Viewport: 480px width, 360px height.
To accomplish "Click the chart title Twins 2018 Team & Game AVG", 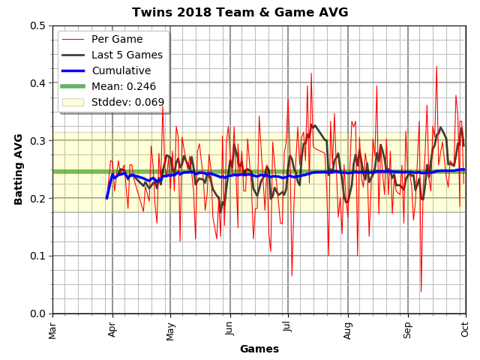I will (240, 12).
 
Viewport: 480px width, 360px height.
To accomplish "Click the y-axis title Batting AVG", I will (19, 169).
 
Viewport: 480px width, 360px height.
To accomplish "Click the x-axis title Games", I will (259, 349).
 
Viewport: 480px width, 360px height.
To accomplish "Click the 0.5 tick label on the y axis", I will (37, 25).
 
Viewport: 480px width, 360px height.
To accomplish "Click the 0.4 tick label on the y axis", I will (37, 83).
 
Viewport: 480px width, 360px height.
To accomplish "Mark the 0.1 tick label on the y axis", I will (37, 256).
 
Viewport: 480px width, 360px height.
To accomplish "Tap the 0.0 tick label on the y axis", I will (37, 313).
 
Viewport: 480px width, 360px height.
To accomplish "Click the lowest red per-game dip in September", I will (421, 292).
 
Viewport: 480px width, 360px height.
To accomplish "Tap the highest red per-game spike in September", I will (436, 66).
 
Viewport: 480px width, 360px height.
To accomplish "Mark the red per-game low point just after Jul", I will (292, 276).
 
